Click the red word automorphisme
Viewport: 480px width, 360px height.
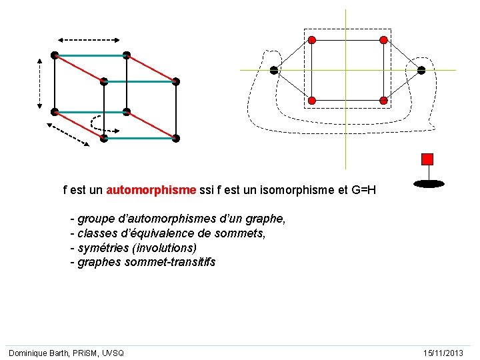(151, 190)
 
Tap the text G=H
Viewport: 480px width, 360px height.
(363, 190)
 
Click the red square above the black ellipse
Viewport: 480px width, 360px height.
(427, 159)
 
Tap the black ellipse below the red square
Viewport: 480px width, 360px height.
(428, 183)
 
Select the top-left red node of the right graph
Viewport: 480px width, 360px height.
(311, 40)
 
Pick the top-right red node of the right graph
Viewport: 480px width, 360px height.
(383, 40)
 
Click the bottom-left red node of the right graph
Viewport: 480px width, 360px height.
(311, 100)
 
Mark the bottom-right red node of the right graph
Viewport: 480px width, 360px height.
(383, 100)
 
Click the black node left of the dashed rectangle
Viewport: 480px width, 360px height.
(273, 70)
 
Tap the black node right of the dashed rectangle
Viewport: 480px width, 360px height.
(421, 70)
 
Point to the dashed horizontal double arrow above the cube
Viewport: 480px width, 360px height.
(89, 39)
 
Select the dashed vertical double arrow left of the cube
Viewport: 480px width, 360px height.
(40, 83)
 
